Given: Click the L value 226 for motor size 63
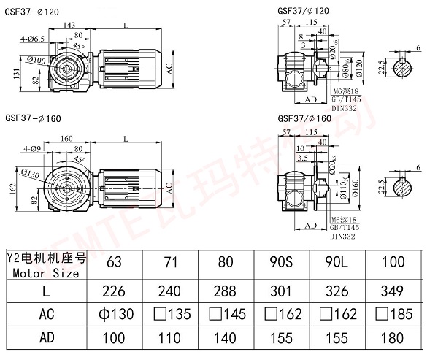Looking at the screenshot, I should pos(115,290).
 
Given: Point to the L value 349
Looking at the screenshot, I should pos(399,290).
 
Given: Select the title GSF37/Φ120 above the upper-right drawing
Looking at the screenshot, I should pos(302,11).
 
